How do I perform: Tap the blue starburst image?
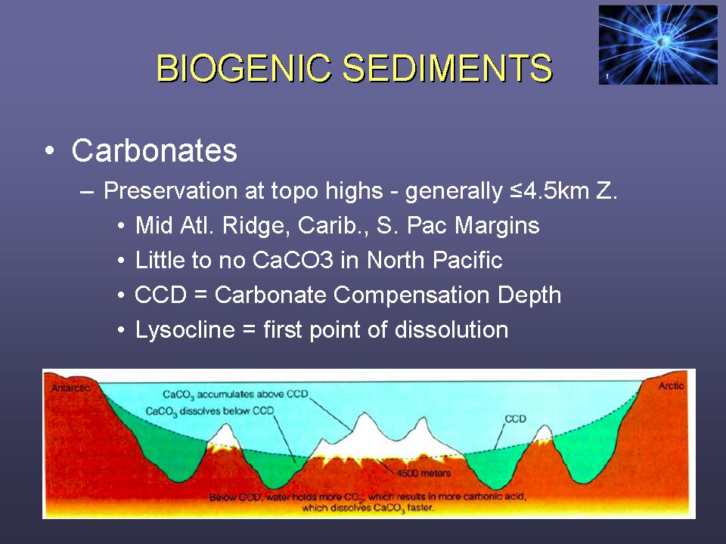[x=657, y=45]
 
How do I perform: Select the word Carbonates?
[x=154, y=150]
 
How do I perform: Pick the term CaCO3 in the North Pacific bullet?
[x=293, y=259]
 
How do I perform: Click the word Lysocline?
[x=185, y=330]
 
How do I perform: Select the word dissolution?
[x=451, y=329]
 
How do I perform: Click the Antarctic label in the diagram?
[x=70, y=388]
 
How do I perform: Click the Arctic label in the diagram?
[x=671, y=385]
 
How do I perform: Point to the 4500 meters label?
[x=423, y=473]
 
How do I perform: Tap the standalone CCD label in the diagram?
[x=515, y=419]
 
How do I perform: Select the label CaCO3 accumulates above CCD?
[x=235, y=394]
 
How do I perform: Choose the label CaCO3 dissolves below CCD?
[x=209, y=411]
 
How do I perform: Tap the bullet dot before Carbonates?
[x=50, y=151]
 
